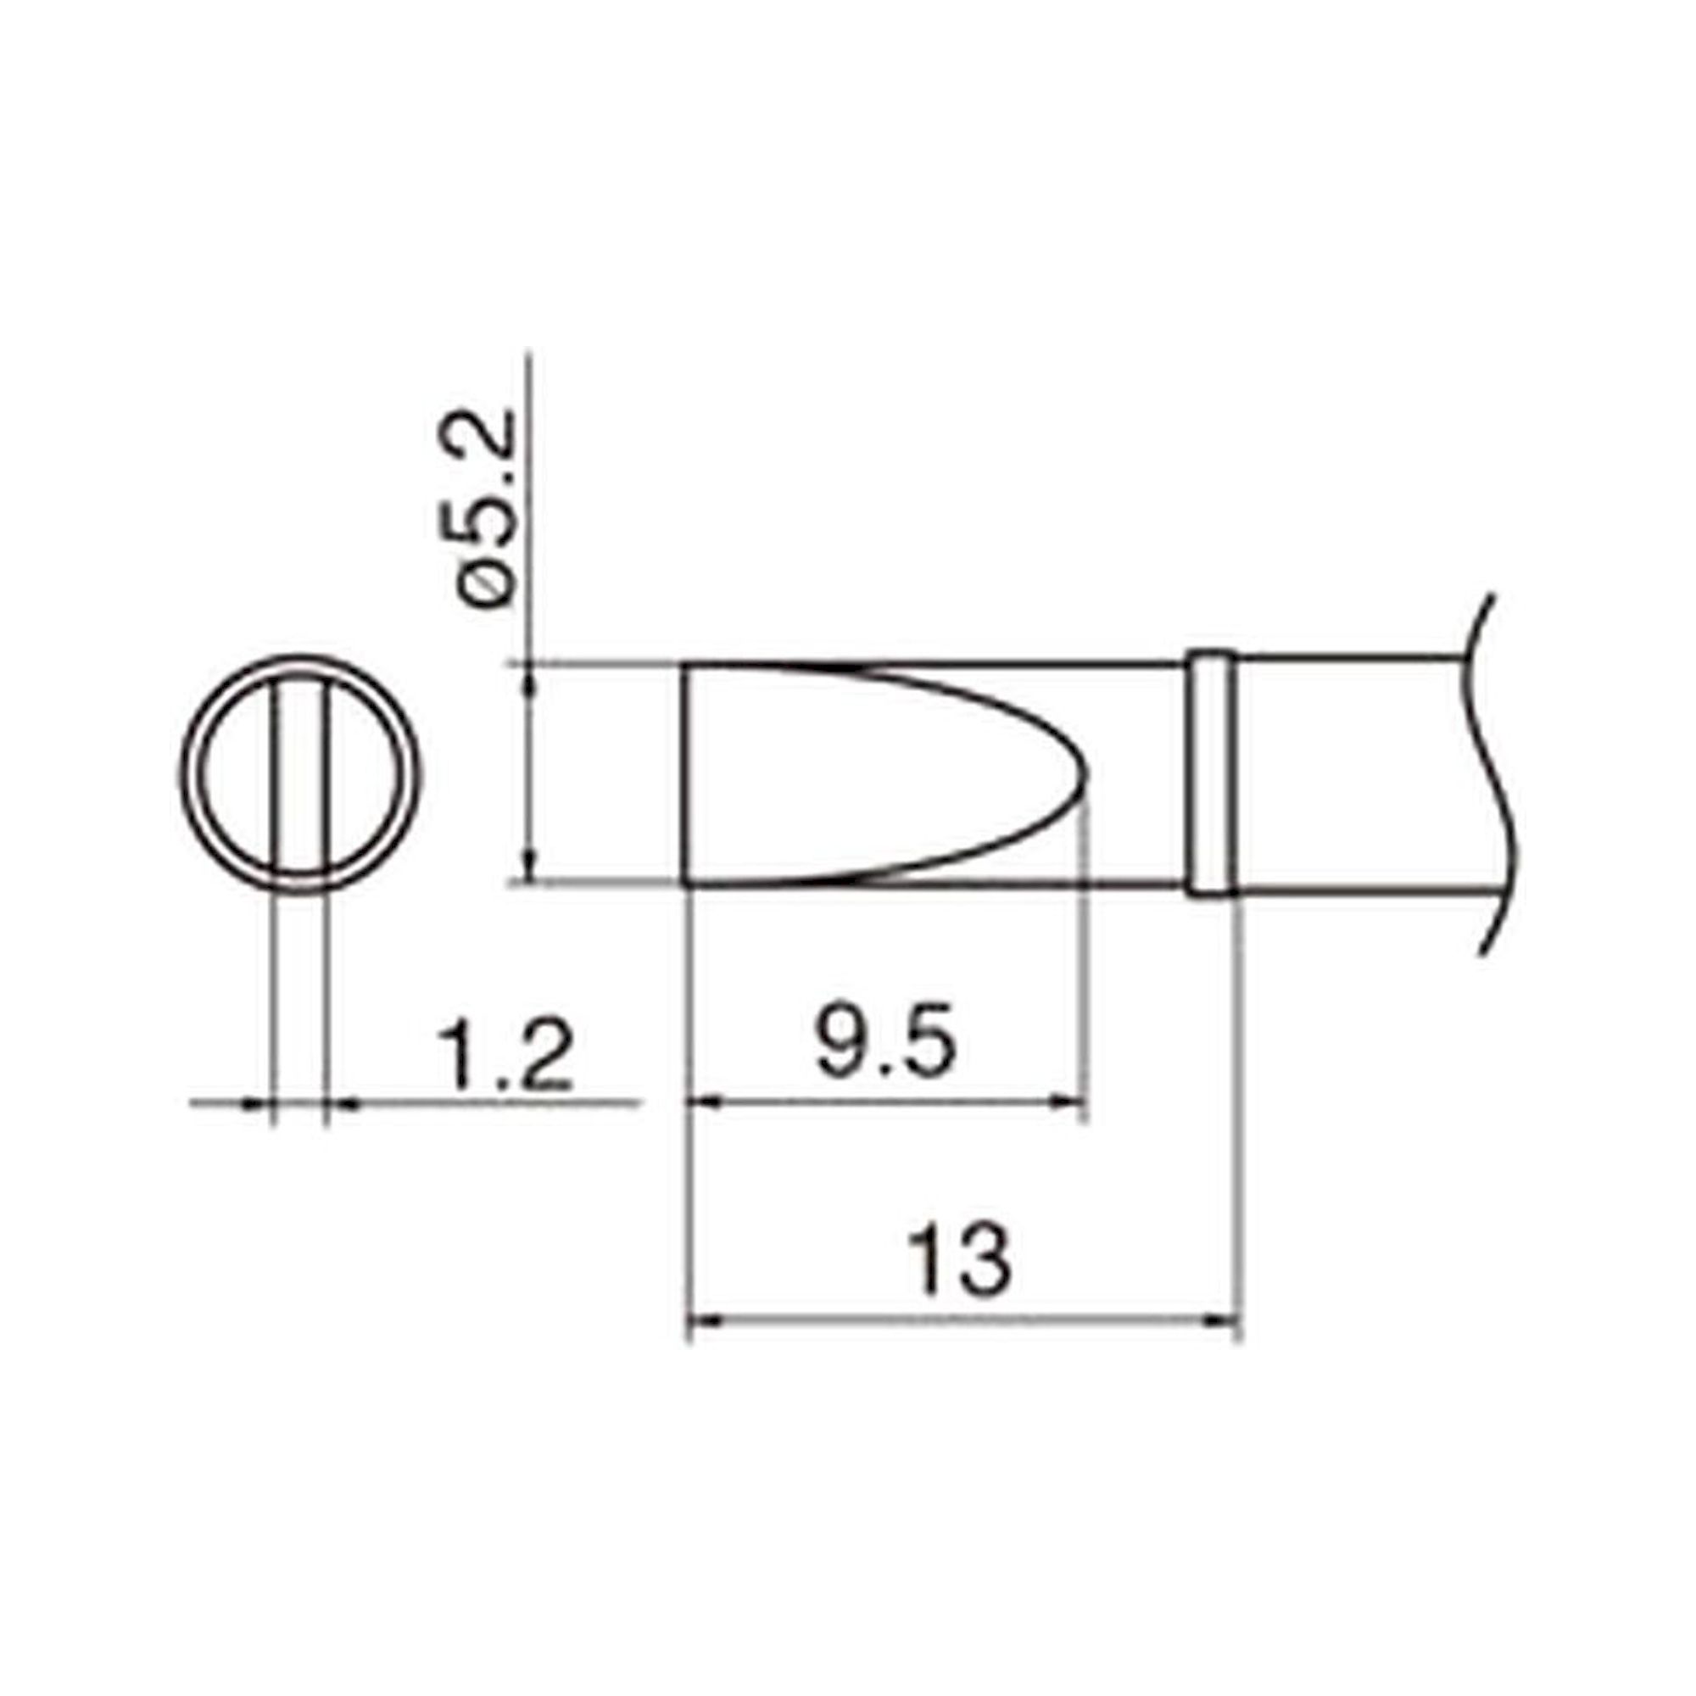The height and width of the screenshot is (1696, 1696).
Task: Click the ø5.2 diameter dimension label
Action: tap(484, 508)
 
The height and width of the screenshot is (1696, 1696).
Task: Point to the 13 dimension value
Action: tap(958, 1262)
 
